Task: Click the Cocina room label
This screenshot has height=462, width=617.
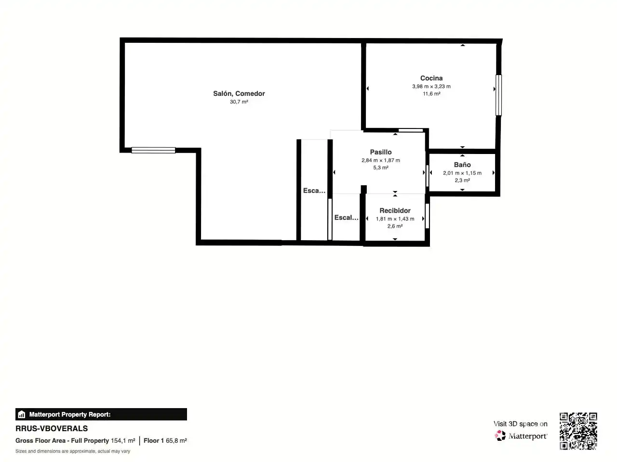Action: [x=431, y=78]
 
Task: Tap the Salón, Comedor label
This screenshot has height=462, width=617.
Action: [x=239, y=94]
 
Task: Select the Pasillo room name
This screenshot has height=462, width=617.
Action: [x=381, y=152]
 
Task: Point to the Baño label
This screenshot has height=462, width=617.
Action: [x=462, y=165]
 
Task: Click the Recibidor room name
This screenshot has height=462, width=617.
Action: [x=395, y=210]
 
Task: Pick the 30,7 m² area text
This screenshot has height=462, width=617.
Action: [x=239, y=102]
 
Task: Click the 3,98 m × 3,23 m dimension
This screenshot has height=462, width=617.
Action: [x=431, y=87]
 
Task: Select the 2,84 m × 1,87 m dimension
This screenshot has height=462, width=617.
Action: [x=381, y=160]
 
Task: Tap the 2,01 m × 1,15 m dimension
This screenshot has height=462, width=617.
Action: [x=462, y=173]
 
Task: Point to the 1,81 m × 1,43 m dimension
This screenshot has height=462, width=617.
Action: [x=395, y=219]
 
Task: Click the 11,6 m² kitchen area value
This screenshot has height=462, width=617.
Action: [x=431, y=94]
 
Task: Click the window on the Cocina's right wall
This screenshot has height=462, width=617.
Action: [x=498, y=95]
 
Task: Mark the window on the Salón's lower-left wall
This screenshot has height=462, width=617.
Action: [x=153, y=150]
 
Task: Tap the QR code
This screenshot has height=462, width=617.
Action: [x=578, y=431]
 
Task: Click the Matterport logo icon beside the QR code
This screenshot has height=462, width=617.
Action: [x=500, y=436]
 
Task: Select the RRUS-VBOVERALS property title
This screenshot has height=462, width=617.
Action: [x=52, y=429]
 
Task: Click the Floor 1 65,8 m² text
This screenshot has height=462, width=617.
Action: [x=165, y=441]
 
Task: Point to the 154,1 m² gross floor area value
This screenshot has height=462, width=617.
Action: [x=123, y=441]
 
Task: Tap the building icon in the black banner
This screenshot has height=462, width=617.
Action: [x=21, y=414]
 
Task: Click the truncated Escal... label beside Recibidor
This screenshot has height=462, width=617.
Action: [x=346, y=218]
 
